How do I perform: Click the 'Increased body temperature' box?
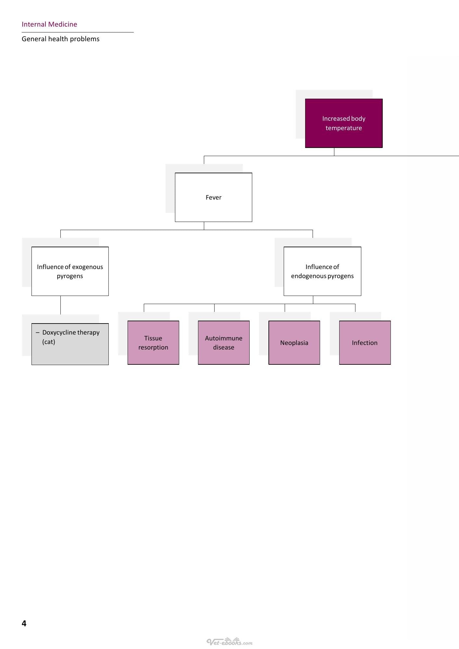point(344,123)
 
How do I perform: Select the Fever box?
point(214,197)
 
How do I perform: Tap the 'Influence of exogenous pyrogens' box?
point(70,271)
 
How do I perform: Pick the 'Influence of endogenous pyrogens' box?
point(322,271)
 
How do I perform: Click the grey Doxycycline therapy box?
point(70,344)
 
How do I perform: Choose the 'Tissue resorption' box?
point(153,343)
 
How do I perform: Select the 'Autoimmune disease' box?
point(224,343)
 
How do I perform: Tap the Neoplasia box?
point(294,343)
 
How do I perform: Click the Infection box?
point(365,343)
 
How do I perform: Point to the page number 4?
point(24,623)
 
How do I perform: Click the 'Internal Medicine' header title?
point(49,24)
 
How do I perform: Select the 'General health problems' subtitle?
point(61,39)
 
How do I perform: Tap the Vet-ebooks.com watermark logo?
point(229,642)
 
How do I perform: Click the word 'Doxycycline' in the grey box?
point(59,333)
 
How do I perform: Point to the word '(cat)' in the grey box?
point(49,342)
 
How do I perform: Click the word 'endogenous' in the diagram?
point(307,276)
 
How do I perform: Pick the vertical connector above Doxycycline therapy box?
point(60,305)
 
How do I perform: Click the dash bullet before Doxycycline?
point(38,333)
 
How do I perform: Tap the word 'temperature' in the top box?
point(344,128)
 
